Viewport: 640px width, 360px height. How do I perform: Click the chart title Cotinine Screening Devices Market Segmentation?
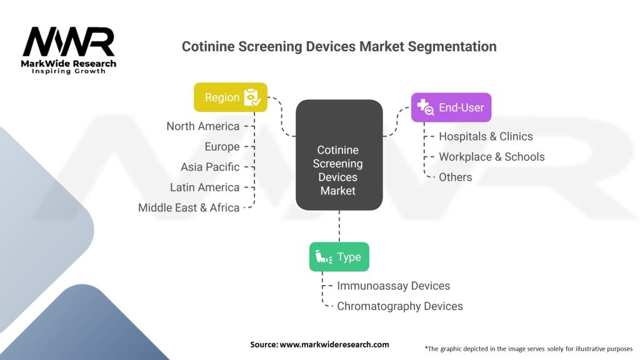click(x=339, y=46)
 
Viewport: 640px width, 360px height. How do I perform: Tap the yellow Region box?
click(x=231, y=97)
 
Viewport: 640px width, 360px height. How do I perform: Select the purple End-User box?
click(x=451, y=107)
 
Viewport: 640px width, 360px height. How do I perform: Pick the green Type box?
click(x=339, y=257)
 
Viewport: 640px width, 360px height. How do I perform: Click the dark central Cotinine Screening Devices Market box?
click(x=339, y=164)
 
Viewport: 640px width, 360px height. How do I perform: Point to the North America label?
click(x=202, y=126)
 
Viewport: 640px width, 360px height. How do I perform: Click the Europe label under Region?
click(x=222, y=147)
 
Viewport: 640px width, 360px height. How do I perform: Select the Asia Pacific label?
click(x=210, y=167)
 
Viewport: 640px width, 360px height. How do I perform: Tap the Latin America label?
click(x=204, y=187)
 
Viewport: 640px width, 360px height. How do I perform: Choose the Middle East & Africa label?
click(x=189, y=207)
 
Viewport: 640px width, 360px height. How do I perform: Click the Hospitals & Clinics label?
click(x=486, y=136)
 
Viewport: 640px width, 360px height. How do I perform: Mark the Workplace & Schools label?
click(x=491, y=157)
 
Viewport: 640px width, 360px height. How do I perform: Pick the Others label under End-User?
click(x=455, y=177)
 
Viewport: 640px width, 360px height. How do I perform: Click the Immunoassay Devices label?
click(x=393, y=286)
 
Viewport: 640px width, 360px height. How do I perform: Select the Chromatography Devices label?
click(x=399, y=306)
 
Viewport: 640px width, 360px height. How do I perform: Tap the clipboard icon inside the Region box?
click(x=251, y=97)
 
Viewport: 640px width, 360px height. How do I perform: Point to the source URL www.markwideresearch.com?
click(x=319, y=344)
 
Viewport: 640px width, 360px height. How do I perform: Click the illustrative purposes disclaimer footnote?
click(x=528, y=348)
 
